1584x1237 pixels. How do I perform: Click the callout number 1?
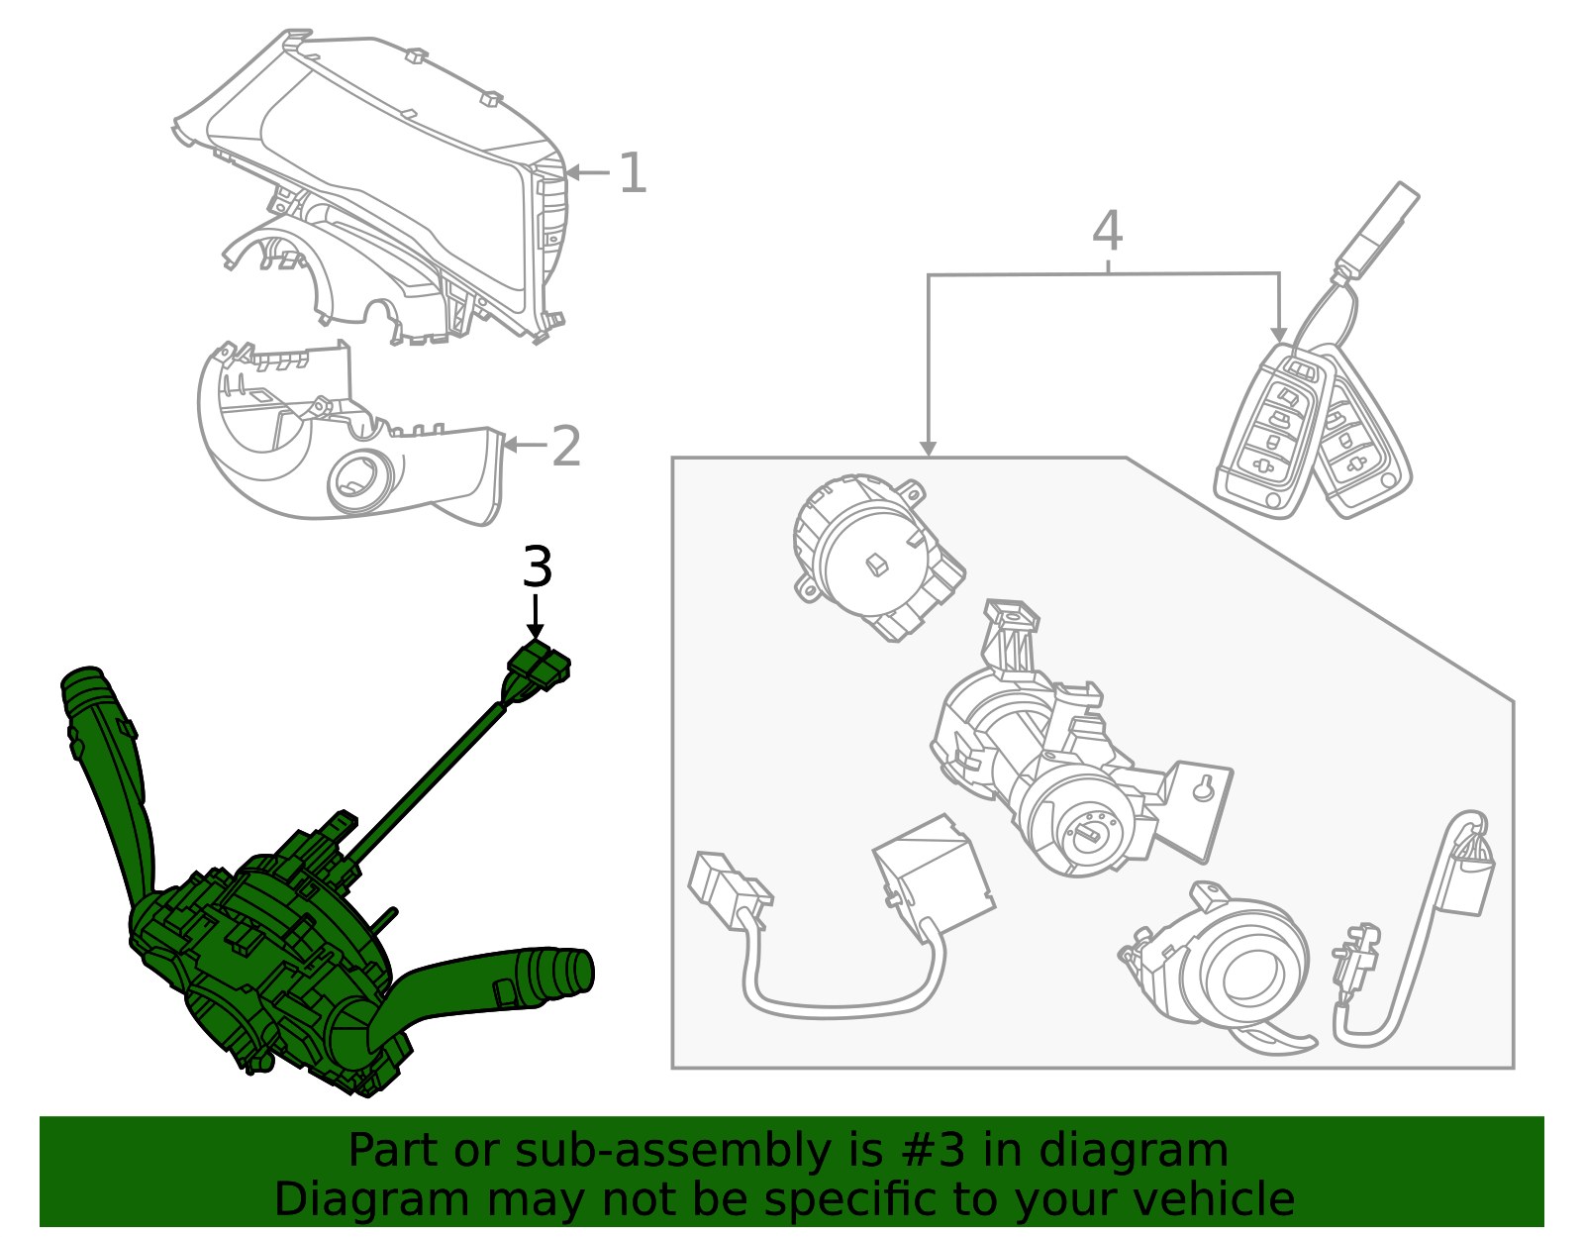click(632, 173)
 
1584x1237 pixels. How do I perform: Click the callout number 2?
click(565, 447)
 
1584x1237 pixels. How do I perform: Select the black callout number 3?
click(537, 568)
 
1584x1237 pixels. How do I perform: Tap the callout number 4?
click(1107, 232)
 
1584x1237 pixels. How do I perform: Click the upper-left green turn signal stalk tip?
click(83, 683)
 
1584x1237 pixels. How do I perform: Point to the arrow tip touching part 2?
click(508, 446)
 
